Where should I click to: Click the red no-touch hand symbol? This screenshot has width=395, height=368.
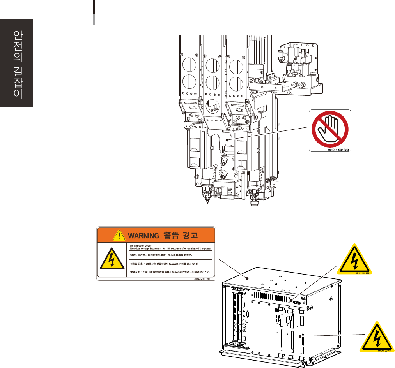tap(330, 130)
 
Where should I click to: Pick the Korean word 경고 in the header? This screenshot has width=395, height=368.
tap(191, 236)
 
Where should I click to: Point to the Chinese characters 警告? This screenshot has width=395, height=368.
tap(170, 236)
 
